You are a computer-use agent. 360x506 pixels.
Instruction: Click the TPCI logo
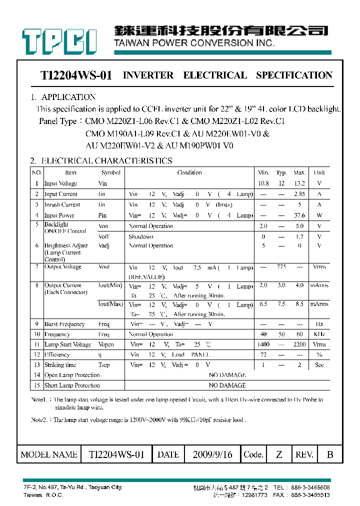point(59,40)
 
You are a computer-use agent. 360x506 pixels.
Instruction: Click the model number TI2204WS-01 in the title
point(76,75)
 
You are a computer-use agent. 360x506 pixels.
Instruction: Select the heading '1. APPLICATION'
point(63,97)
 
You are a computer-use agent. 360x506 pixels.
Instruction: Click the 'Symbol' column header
point(110,172)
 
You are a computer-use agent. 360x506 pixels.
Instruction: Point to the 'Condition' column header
point(189,172)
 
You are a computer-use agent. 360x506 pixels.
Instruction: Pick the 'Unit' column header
point(319,172)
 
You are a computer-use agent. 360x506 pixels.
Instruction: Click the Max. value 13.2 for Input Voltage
point(299,183)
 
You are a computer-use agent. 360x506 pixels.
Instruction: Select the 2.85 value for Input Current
point(299,194)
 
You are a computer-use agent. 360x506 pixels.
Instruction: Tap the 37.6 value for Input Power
point(299,215)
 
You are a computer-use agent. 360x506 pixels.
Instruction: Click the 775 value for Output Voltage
point(281,267)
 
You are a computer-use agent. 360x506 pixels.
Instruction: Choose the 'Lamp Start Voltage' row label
point(68,344)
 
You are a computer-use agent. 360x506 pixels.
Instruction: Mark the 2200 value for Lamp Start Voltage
point(299,344)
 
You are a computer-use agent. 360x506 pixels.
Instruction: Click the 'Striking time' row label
point(60,365)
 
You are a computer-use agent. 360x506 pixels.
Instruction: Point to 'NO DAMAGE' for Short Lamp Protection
point(227,385)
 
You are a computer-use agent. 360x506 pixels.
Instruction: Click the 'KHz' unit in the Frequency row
point(319,334)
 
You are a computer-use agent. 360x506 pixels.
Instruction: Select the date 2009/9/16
point(212,454)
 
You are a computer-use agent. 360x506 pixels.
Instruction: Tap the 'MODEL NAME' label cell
point(49,454)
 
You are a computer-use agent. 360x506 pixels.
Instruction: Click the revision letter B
point(329,454)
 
